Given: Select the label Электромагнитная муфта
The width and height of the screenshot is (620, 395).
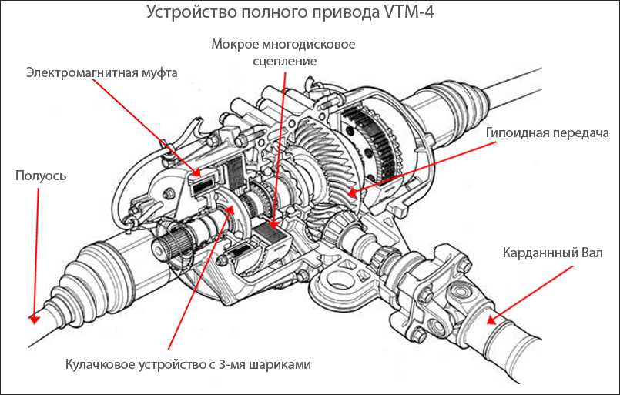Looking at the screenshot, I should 102,73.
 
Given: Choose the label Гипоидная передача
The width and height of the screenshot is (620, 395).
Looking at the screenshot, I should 548,132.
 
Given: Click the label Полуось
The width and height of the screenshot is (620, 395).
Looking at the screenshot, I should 41,176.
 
